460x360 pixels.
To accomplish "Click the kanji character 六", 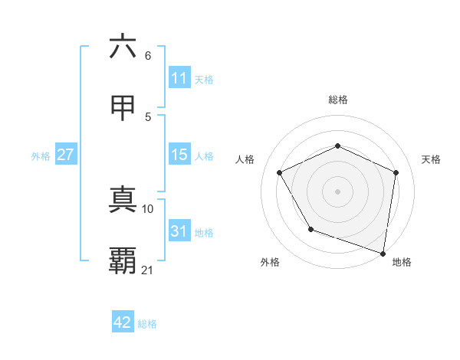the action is coord(123,47).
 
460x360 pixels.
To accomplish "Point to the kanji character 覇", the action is coord(123,261).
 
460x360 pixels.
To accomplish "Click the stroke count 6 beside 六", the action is coord(148,56).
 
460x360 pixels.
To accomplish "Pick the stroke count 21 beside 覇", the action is coord(148,270).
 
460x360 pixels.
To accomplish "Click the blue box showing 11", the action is coord(179,78).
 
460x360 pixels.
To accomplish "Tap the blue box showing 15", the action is coord(179,155).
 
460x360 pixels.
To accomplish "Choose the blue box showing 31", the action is coord(179,231).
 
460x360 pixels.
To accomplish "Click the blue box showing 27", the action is coord(66,155).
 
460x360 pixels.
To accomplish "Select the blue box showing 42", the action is coord(123,322).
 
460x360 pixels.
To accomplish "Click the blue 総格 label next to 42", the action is coord(147,324).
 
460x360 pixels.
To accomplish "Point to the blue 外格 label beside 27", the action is coord(41,156).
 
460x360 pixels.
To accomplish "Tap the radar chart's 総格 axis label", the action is coord(337,100).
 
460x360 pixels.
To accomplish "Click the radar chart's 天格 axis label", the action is coord(432,159).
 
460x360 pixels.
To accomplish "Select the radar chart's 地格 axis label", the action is coord(402,263).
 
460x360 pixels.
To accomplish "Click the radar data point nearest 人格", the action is coord(280,172).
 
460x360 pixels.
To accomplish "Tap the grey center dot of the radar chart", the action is coord(337,191).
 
